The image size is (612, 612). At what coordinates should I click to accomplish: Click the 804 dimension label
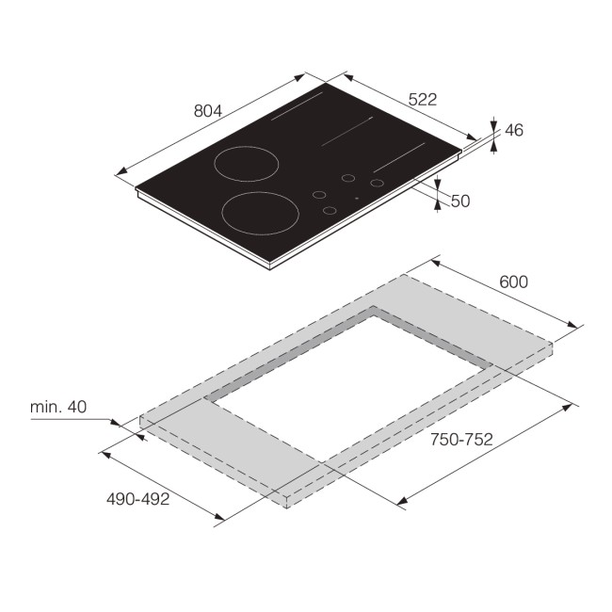[x=207, y=110]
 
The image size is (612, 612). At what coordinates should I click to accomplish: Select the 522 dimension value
[x=423, y=98]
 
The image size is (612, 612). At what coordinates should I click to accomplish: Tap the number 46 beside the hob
[x=513, y=131]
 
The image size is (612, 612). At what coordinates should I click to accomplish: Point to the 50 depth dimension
[x=460, y=201]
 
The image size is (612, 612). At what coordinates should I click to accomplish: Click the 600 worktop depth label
[x=514, y=282]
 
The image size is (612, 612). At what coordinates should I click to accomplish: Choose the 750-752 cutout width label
[x=462, y=439]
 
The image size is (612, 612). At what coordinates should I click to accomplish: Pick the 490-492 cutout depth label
[x=138, y=499]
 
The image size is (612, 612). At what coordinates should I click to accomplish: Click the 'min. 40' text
[x=58, y=407]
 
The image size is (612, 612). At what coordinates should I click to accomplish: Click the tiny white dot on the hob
[x=356, y=199]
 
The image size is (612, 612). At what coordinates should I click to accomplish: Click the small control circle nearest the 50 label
[x=378, y=183]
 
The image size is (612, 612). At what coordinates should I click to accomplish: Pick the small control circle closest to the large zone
[x=319, y=195]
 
